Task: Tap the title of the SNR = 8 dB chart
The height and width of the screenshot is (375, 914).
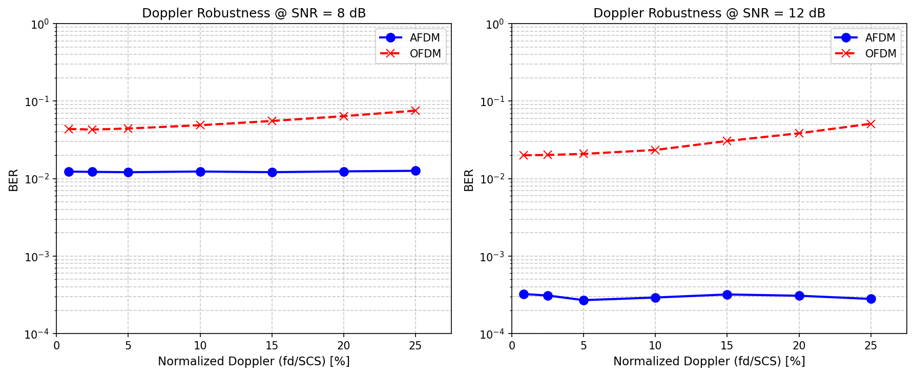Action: coord(254,13)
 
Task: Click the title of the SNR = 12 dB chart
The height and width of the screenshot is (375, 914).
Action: coord(709,13)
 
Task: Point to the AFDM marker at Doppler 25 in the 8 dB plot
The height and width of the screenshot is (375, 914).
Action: coord(416,171)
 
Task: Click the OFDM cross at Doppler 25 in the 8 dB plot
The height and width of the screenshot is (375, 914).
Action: coord(416,111)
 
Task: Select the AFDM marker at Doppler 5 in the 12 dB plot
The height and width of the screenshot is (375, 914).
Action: coord(584,300)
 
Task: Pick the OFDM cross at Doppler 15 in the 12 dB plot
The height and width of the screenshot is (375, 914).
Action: coord(727,141)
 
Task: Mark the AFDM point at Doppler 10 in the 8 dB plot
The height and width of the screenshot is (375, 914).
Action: coord(200,172)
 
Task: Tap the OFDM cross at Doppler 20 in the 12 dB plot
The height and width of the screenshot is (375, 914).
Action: coord(799,133)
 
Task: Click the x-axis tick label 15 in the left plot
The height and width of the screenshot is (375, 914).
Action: coord(272,346)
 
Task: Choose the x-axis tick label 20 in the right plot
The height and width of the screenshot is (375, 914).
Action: coord(799,346)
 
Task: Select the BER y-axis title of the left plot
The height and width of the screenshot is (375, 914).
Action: coord(13,180)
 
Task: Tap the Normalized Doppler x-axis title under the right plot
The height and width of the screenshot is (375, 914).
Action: coord(709,361)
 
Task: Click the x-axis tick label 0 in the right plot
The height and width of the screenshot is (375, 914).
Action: coord(512,346)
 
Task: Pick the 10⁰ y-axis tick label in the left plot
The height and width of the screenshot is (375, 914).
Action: coord(40,24)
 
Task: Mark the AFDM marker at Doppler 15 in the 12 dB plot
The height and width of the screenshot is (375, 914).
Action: coord(727,295)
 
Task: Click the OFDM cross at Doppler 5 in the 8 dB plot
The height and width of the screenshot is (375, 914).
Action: coord(128,129)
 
